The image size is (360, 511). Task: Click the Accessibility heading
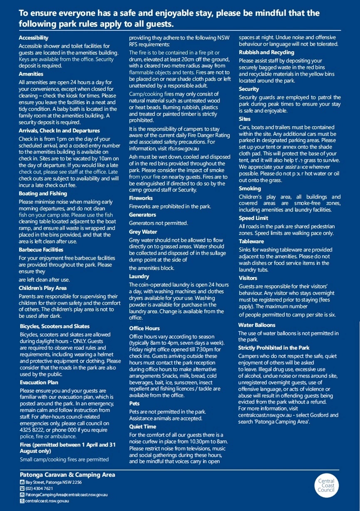point(33,37)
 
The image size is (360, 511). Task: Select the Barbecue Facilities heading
point(41,249)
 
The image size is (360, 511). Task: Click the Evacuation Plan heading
point(39,382)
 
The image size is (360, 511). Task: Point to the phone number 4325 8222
point(31,430)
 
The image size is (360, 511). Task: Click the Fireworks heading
point(141,198)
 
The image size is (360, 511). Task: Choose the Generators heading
point(142,215)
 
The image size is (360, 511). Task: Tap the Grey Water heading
point(143,232)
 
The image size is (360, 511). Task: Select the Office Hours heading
point(144,329)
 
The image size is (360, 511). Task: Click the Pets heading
point(134,404)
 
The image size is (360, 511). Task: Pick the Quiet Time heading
point(143,427)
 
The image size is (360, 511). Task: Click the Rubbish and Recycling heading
point(266,52)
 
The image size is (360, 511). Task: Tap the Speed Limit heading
point(253,218)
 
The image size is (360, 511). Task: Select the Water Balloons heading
point(256,325)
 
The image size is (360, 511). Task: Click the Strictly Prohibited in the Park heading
point(273,348)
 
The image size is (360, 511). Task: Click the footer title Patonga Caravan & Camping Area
point(67,475)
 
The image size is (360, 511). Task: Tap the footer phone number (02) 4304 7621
point(39,488)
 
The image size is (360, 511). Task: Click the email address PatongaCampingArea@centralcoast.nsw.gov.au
point(67,494)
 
